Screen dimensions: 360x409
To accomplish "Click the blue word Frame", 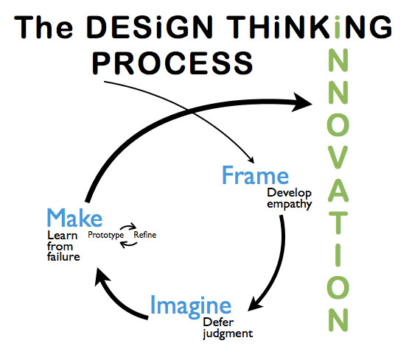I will pyautogui.click(x=255, y=177).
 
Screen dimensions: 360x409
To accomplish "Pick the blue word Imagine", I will pyautogui.click(x=191, y=306).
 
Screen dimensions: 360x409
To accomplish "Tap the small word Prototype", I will pyautogui.click(x=105, y=235).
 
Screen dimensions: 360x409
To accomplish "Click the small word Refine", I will pyautogui.click(x=145, y=235).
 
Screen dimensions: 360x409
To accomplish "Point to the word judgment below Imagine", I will pyautogui.click(x=228, y=333).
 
